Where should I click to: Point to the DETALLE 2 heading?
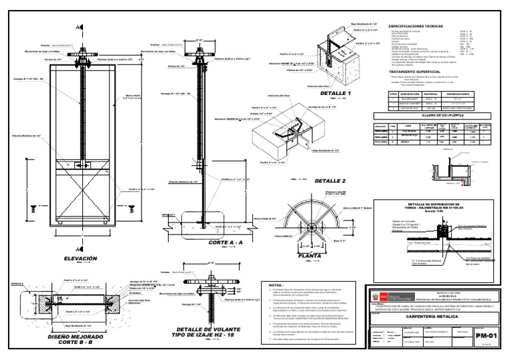click(x=330, y=181)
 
